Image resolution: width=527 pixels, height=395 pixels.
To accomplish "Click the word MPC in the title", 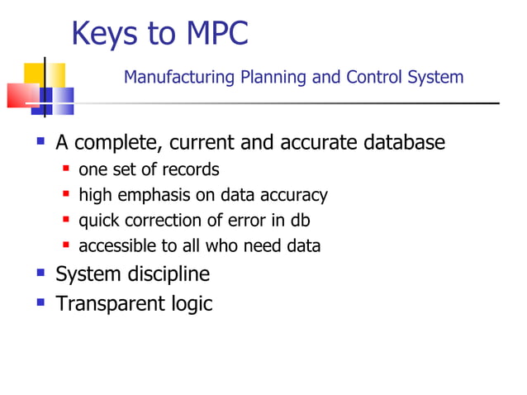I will click(x=216, y=34).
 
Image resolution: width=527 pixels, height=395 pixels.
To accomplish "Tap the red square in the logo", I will click(x=21, y=95).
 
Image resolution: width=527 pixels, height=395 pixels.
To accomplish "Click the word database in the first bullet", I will click(x=404, y=143).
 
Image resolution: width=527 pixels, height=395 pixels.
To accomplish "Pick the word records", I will click(x=192, y=169).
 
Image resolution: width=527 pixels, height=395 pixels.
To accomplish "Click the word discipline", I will click(x=165, y=274).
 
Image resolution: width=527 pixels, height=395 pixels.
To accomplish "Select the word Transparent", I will click(x=111, y=304).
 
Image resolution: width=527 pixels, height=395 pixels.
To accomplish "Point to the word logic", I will click(x=192, y=304).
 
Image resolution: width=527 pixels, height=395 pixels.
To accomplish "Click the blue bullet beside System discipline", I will click(x=40, y=272).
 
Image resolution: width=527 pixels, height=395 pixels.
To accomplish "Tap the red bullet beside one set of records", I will click(x=66, y=169).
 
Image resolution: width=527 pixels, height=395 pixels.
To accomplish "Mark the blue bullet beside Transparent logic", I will click(x=40, y=302).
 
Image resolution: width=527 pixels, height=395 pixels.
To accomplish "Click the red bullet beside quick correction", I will click(x=66, y=220).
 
